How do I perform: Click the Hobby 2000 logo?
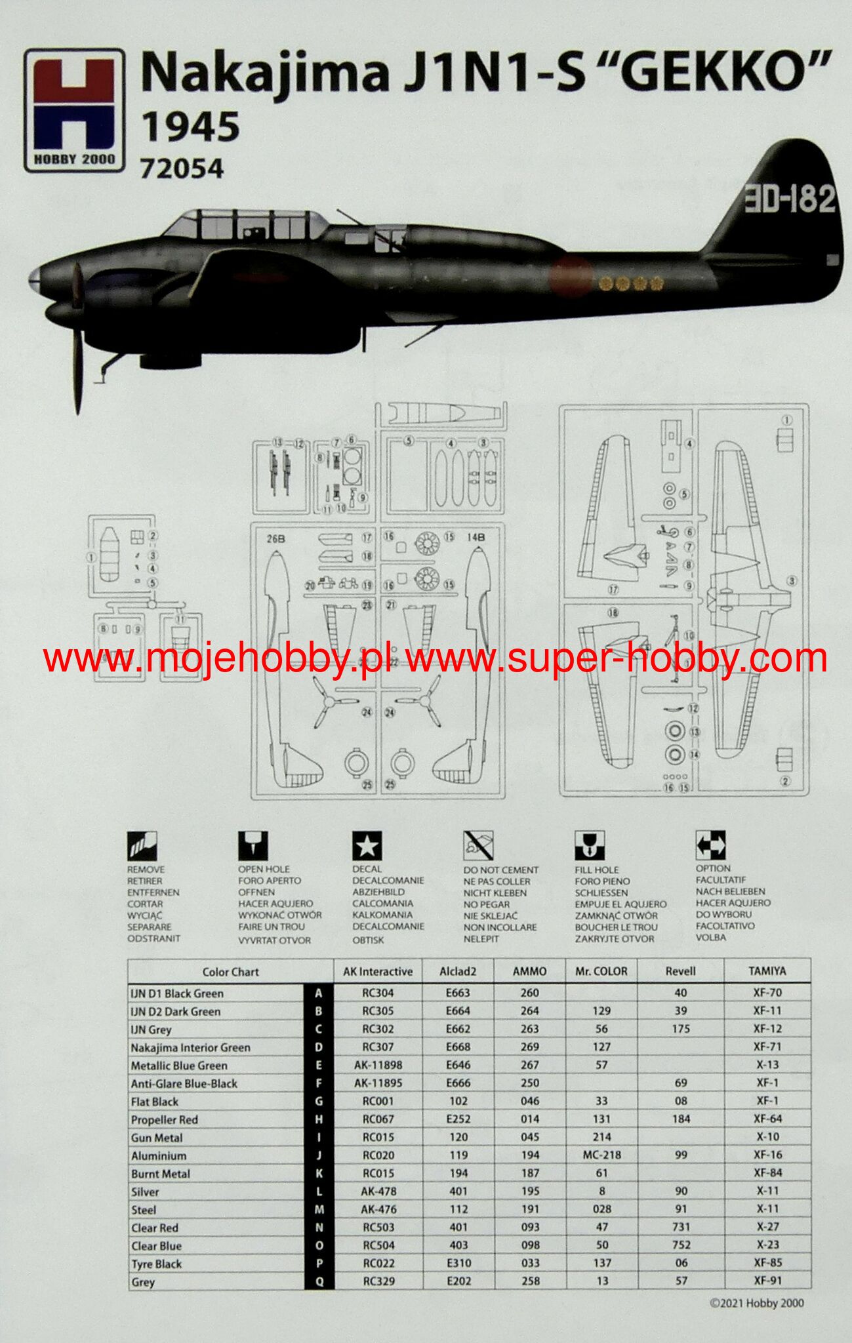click(74, 110)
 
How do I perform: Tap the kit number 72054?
click(182, 169)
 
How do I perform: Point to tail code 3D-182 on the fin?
click(789, 198)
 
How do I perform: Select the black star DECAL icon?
click(367, 846)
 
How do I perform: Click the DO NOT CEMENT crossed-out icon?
click(478, 846)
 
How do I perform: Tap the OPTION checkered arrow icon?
click(710, 845)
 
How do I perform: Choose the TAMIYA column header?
click(767, 971)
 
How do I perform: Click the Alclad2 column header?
click(458, 971)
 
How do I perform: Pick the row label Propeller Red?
click(164, 1119)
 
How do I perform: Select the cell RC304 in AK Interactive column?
click(378, 993)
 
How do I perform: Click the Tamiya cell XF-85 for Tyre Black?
click(767, 1262)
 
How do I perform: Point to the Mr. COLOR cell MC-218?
click(601, 1155)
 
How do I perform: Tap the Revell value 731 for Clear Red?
click(681, 1226)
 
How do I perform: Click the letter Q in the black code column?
click(319, 1281)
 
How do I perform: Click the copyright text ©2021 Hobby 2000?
click(756, 1303)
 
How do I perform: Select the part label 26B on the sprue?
click(275, 539)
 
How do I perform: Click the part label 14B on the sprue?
click(476, 537)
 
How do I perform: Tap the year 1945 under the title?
click(191, 127)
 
